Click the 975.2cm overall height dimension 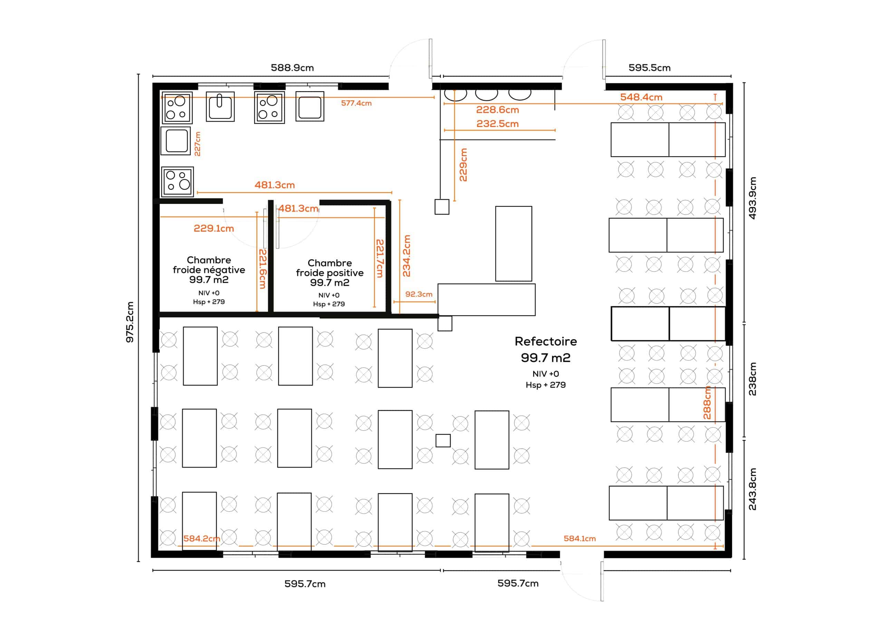coord(130,322)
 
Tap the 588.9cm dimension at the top coord(292,68)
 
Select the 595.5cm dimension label coord(649,68)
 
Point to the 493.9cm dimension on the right coord(753,198)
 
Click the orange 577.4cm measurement coord(356,103)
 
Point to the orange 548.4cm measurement coord(641,97)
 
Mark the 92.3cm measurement coord(419,294)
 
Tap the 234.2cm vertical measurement coord(406,256)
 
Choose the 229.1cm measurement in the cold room coord(214,228)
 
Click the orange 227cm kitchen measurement coord(197,144)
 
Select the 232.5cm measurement coord(497,124)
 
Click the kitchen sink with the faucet coord(220,106)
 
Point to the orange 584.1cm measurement coord(579,539)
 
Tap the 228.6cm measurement coord(497,110)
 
